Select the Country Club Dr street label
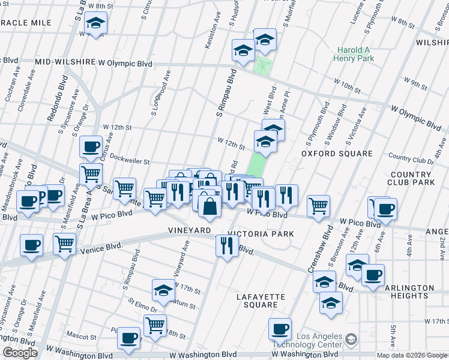[411, 160]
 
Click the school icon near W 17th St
[163, 290]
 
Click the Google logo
[20, 353]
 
